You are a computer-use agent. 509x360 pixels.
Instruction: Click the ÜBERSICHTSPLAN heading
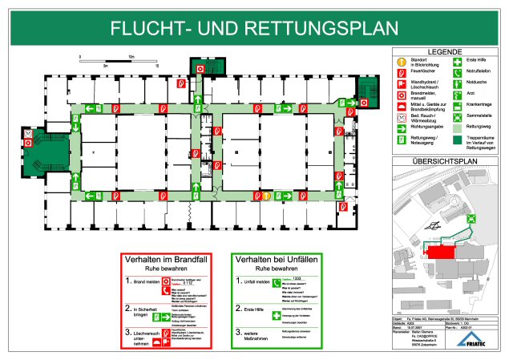[x=444, y=160]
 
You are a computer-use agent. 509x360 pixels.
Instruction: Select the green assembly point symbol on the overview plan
[x=473, y=216]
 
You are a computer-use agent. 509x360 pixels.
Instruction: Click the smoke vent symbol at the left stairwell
[x=29, y=131]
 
